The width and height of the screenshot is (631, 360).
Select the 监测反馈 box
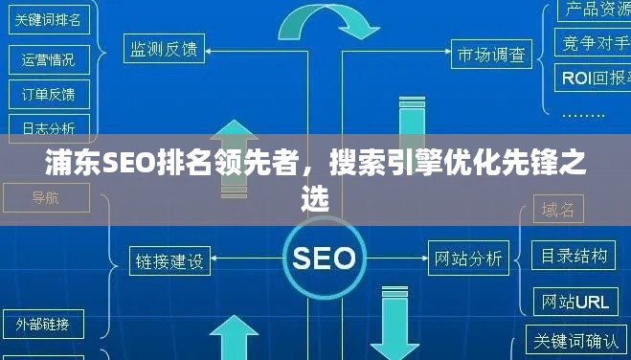tap(166, 47)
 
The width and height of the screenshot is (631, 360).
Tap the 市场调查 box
tap(491, 55)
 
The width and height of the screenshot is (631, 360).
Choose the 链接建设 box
tap(169, 260)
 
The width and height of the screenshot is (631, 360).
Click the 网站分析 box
tap(468, 258)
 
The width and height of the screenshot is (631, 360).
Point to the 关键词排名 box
tap(48, 19)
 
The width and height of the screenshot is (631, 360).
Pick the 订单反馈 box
tap(48, 94)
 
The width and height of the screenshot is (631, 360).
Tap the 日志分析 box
tap(48, 127)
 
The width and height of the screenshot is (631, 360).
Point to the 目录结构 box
tap(575, 256)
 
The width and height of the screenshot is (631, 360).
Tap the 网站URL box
tap(575, 302)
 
